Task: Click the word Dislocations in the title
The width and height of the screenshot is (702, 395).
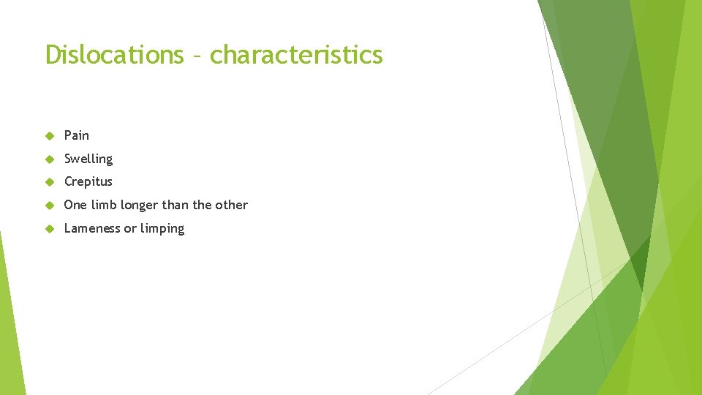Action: coord(114,54)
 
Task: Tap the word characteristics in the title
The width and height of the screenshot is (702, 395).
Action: coord(296,54)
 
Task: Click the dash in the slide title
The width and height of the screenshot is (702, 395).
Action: coord(197,56)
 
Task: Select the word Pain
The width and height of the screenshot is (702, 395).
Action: coord(77,135)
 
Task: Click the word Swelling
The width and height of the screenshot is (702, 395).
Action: coord(88,159)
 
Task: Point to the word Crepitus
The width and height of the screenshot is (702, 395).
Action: coord(88,181)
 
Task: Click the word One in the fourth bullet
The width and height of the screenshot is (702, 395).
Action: coord(75,205)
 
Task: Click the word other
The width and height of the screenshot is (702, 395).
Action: coord(232,205)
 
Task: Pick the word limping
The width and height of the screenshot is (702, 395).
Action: coord(162,229)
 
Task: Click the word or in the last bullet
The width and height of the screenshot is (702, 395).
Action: coord(130,229)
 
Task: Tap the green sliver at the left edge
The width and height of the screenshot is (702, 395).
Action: coord(9,329)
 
